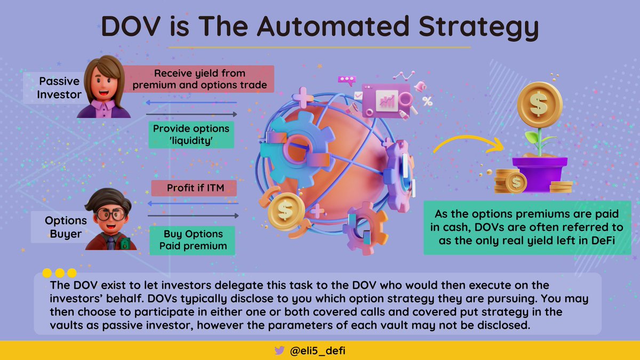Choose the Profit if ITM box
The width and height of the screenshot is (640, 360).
(x=194, y=188)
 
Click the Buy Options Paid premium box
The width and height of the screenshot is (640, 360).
(x=193, y=240)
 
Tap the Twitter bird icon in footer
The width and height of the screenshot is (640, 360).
(x=279, y=350)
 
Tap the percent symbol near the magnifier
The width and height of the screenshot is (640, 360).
(x=427, y=101)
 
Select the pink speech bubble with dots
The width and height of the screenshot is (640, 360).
(x=347, y=81)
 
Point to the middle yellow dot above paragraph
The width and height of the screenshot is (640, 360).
(x=59, y=274)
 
